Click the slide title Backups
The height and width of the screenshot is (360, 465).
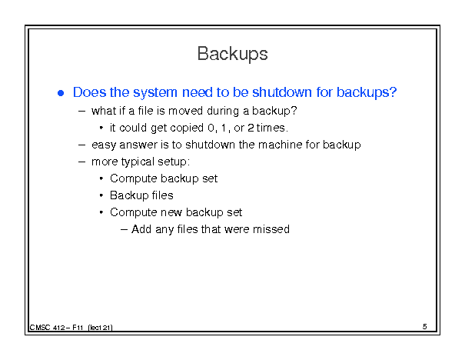click(232, 54)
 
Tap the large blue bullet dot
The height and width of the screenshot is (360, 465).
click(61, 94)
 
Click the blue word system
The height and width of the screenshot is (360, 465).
click(154, 92)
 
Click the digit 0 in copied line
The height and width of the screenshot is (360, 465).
click(211, 128)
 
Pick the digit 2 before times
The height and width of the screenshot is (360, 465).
click(251, 128)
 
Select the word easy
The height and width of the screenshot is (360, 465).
click(104, 145)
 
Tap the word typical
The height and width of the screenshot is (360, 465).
click(139, 162)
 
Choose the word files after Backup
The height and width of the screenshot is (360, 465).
click(162, 195)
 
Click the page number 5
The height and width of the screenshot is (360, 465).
click(425, 326)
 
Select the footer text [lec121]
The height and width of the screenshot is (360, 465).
click(100, 328)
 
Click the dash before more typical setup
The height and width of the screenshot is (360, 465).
click(81, 162)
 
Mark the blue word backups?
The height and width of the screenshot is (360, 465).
click(367, 92)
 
